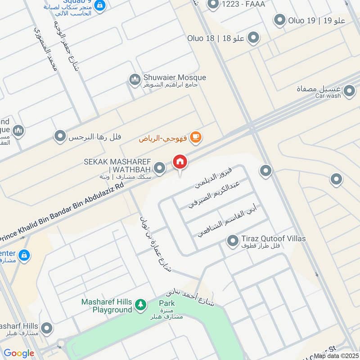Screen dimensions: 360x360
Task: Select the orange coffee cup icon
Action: [195, 138]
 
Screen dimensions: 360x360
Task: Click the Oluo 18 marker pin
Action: [254, 38]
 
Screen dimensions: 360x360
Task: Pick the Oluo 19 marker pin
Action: [280, 20]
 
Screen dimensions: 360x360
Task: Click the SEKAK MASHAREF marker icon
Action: [159, 169]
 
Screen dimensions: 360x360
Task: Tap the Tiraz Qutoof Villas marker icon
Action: [232, 242]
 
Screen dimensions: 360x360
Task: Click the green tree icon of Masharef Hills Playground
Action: [141, 306]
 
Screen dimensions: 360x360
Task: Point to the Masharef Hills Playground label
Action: [107, 306]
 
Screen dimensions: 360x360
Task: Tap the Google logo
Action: [18, 353]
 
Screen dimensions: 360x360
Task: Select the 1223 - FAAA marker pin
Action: [213, 4]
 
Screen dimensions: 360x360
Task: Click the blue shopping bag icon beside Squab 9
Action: [101, 5]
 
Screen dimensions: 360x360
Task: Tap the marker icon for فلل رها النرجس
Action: [60, 136]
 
